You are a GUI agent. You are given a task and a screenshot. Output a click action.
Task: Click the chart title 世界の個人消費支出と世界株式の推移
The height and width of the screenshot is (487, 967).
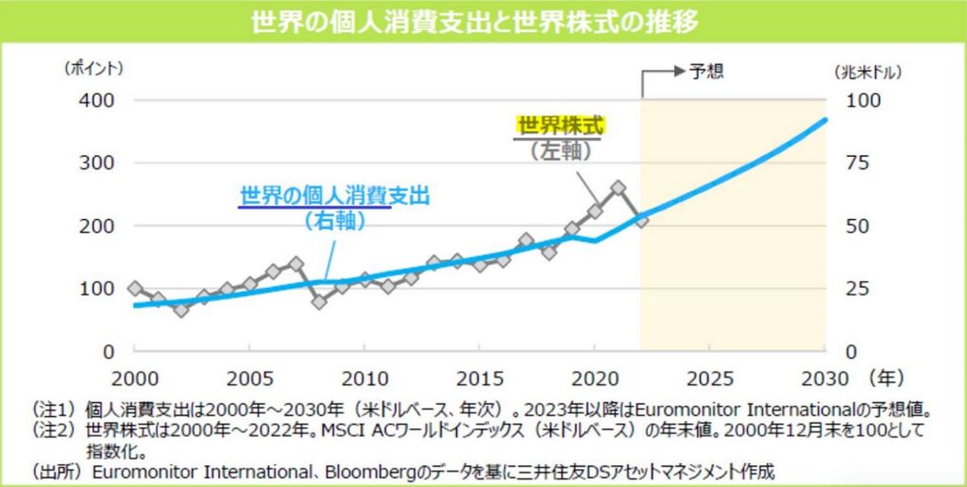[483, 22]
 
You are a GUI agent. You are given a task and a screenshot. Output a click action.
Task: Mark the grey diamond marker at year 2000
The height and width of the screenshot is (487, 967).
[134, 288]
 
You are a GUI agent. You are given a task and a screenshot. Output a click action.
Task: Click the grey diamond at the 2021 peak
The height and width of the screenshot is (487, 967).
[619, 188]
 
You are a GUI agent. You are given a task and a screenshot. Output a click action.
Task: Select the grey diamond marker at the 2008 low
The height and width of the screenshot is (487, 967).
[318, 302]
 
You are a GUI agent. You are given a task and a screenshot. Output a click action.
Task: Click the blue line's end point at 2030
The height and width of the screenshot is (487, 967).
[825, 120]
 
